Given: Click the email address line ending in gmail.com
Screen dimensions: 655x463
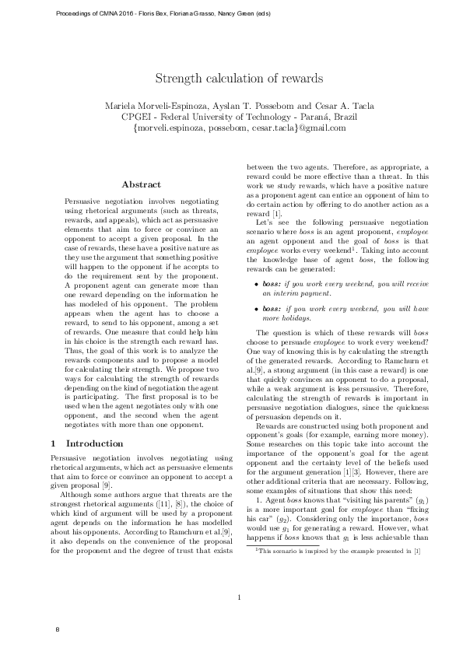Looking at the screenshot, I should [x=239, y=128].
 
